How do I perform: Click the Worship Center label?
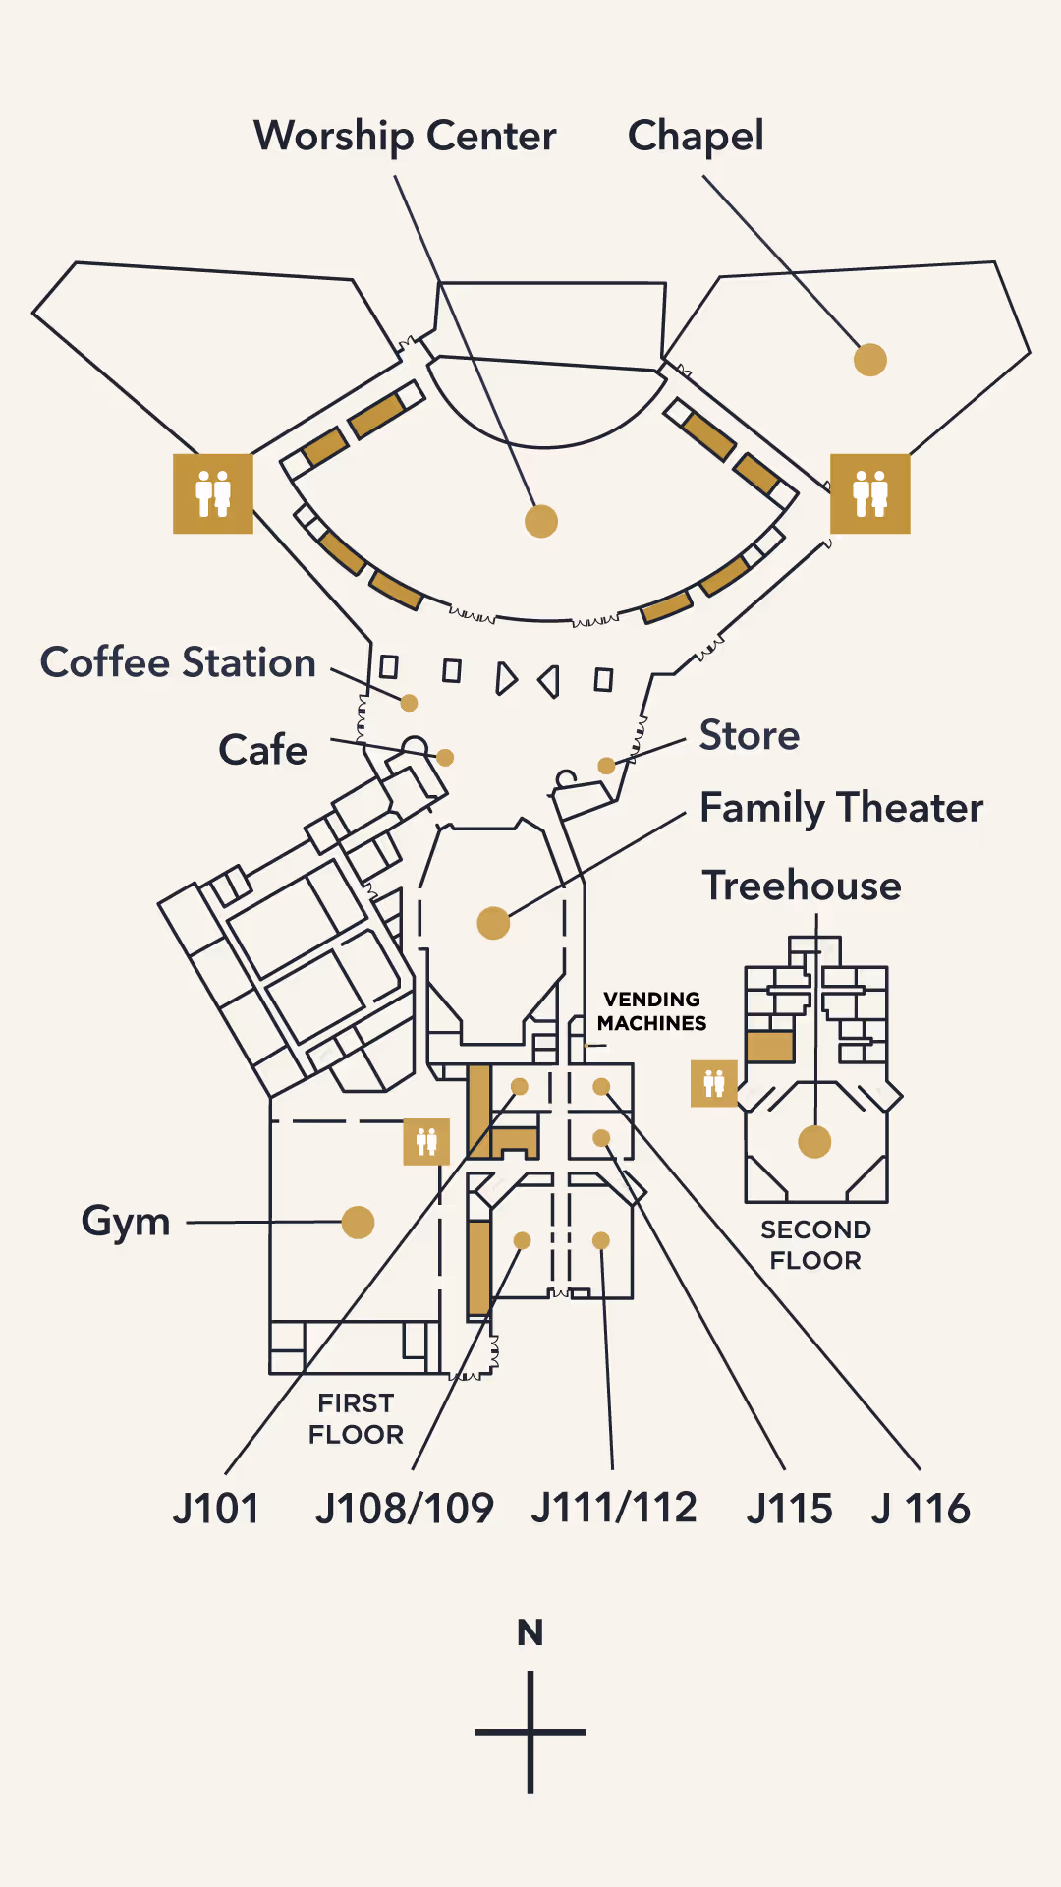(x=405, y=137)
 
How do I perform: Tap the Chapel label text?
(x=696, y=137)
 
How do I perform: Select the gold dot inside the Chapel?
(x=870, y=360)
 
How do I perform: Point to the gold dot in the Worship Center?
(x=541, y=521)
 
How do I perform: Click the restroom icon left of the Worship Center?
(x=213, y=493)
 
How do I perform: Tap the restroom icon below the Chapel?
(x=870, y=493)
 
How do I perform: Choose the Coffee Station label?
(x=178, y=663)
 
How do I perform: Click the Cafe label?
(x=262, y=750)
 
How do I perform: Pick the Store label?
(x=750, y=735)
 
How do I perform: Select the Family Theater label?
(x=841, y=808)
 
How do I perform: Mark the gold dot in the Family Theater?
(x=493, y=923)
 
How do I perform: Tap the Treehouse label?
(x=802, y=886)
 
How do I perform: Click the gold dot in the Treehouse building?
(x=814, y=1142)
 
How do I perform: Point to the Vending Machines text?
(x=652, y=1011)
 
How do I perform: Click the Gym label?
(x=126, y=1222)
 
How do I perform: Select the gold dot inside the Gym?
(x=358, y=1223)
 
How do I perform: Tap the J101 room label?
(x=216, y=1509)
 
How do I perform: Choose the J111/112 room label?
(x=614, y=1508)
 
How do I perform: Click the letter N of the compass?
(x=530, y=1632)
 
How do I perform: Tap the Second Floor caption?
(x=815, y=1244)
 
